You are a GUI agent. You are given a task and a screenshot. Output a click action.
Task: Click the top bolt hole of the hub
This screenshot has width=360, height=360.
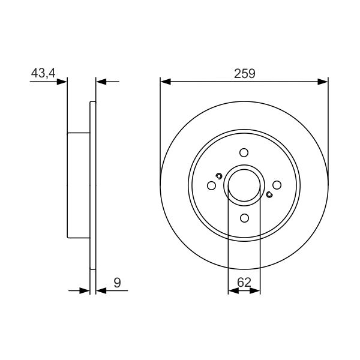pyautogui.click(x=244, y=152)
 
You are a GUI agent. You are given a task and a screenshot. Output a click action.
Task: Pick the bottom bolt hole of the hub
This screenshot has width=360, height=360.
pyautogui.click(x=244, y=218)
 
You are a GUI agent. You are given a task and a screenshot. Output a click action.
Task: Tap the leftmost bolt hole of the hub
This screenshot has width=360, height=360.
pyautogui.click(x=211, y=185)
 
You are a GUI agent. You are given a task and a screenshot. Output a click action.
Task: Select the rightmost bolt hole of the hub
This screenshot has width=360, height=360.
pyautogui.click(x=277, y=185)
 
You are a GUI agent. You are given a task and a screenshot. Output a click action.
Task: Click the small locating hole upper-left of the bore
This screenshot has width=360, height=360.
pyautogui.click(x=219, y=176)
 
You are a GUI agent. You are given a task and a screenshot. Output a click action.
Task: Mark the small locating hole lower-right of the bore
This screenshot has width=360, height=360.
pyautogui.click(x=269, y=194)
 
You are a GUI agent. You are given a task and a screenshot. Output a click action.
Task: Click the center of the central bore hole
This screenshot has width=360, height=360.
pyautogui.click(x=244, y=185)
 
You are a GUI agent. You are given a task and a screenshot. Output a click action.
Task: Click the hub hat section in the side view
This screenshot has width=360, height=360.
pyautogui.click(x=78, y=185)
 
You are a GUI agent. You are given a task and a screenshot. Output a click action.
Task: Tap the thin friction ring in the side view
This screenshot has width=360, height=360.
pyautogui.click(x=92, y=185)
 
